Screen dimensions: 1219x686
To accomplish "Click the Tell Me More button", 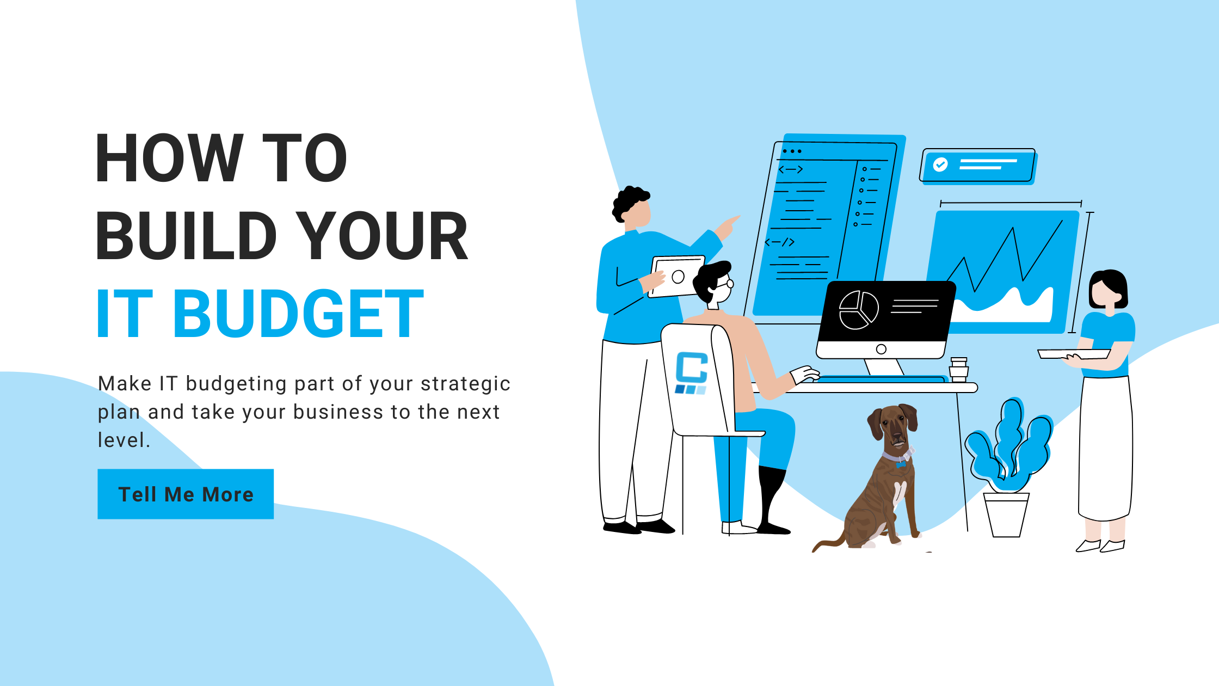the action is point(186,494).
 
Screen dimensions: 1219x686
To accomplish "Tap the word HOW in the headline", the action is point(169,158).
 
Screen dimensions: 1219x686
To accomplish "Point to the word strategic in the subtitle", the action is point(465,384).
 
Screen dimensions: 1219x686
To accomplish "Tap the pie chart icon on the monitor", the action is point(859,310).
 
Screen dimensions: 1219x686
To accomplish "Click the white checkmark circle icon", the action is point(940,164).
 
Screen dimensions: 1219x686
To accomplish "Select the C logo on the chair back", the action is point(691,373).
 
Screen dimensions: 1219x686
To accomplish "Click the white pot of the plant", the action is point(1006,514).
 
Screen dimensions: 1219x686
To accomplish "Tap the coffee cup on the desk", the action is point(959,370).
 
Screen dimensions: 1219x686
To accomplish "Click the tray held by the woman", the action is point(1073,354).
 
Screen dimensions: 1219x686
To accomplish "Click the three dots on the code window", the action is point(792,151).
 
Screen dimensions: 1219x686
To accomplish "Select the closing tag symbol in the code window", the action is point(780,242).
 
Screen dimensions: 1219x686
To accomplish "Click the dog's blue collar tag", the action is point(901,464).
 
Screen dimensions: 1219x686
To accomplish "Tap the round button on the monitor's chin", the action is point(882,350).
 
